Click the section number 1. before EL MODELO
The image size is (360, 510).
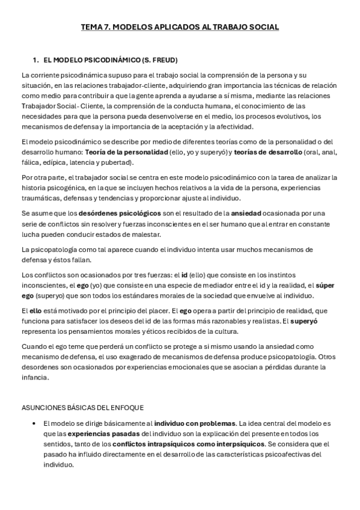click(36, 60)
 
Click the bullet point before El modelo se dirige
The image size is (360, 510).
click(37, 424)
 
